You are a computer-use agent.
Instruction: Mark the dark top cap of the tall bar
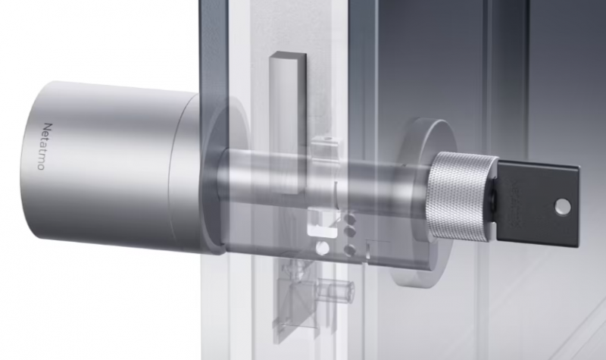pos(287,58)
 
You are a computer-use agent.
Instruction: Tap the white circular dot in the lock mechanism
pos(321,249)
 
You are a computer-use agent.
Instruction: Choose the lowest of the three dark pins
pos(351,249)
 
